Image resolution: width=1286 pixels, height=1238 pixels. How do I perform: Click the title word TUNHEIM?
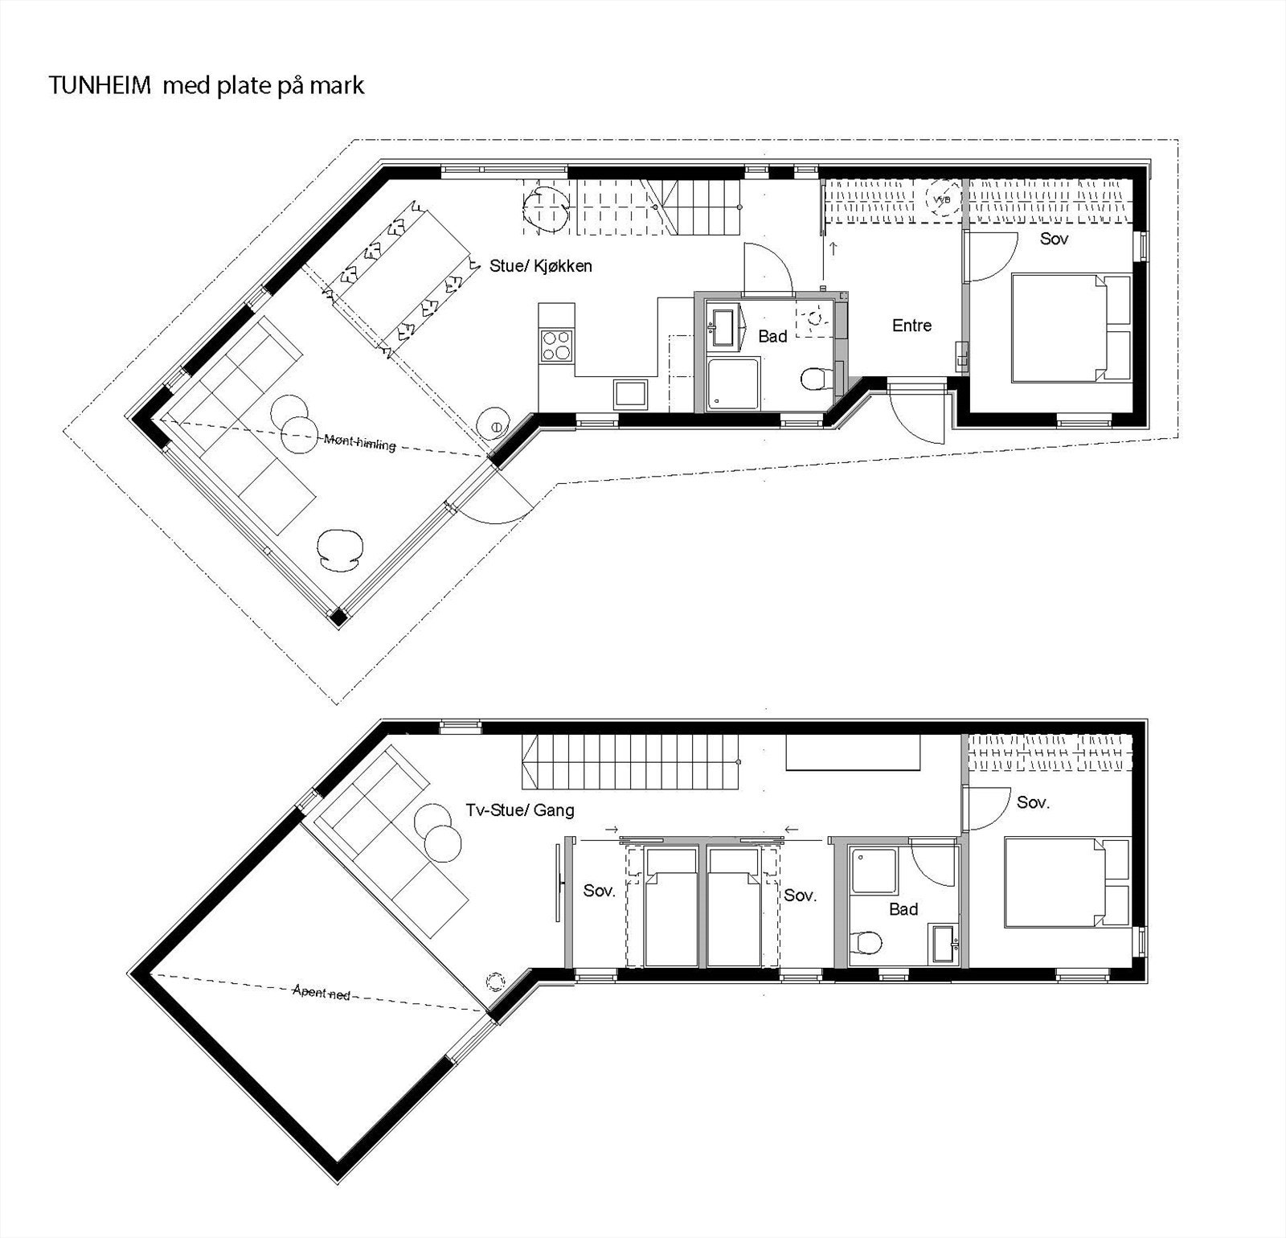click(100, 86)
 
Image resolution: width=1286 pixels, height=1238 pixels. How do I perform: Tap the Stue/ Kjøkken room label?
click(540, 266)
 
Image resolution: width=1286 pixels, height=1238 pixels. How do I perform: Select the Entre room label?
click(911, 326)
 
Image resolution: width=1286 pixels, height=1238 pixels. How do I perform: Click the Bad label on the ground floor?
click(772, 336)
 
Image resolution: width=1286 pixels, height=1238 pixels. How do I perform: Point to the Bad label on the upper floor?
click(903, 909)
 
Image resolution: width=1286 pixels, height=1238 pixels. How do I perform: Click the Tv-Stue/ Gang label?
click(520, 810)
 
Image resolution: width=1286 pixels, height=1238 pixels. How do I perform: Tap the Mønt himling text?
click(359, 441)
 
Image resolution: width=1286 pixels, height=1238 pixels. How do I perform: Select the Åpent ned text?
click(321, 993)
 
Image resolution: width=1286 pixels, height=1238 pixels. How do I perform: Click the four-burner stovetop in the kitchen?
click(557, 346)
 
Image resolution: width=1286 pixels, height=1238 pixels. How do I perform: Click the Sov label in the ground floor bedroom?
click(1053, 239)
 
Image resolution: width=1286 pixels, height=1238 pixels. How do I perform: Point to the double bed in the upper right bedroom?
click(1065, 882)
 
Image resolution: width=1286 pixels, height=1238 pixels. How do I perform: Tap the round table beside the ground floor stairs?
click(547, 209)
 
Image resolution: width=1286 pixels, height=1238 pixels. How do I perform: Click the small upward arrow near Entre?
click(833, 248)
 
